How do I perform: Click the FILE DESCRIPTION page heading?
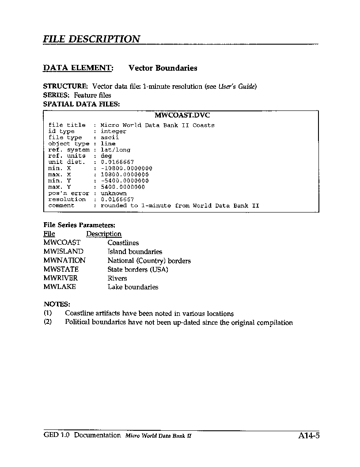(91, 39)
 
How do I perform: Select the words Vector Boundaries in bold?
(163, 68)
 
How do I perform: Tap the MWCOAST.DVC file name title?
(182, 116)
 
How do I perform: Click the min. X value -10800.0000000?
(126, 168)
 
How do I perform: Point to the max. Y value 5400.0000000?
(125, 187)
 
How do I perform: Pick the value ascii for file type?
(110, 137)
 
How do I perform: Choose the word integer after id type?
(114, 131)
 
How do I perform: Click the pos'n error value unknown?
(114, 193)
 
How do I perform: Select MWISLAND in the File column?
(64, 251)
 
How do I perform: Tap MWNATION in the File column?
(64, 260)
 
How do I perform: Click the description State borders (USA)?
(138, 269)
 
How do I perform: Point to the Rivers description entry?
(117, 278)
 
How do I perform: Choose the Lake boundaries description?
(133, 287)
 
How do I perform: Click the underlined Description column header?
(104, 234)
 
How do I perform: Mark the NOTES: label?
(57, 304)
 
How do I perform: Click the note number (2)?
(48, 323)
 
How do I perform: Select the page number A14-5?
(309, 436)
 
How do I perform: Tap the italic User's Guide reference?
(237, 86)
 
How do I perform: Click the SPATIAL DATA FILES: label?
(81, 104)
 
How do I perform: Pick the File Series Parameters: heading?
(79, 225)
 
